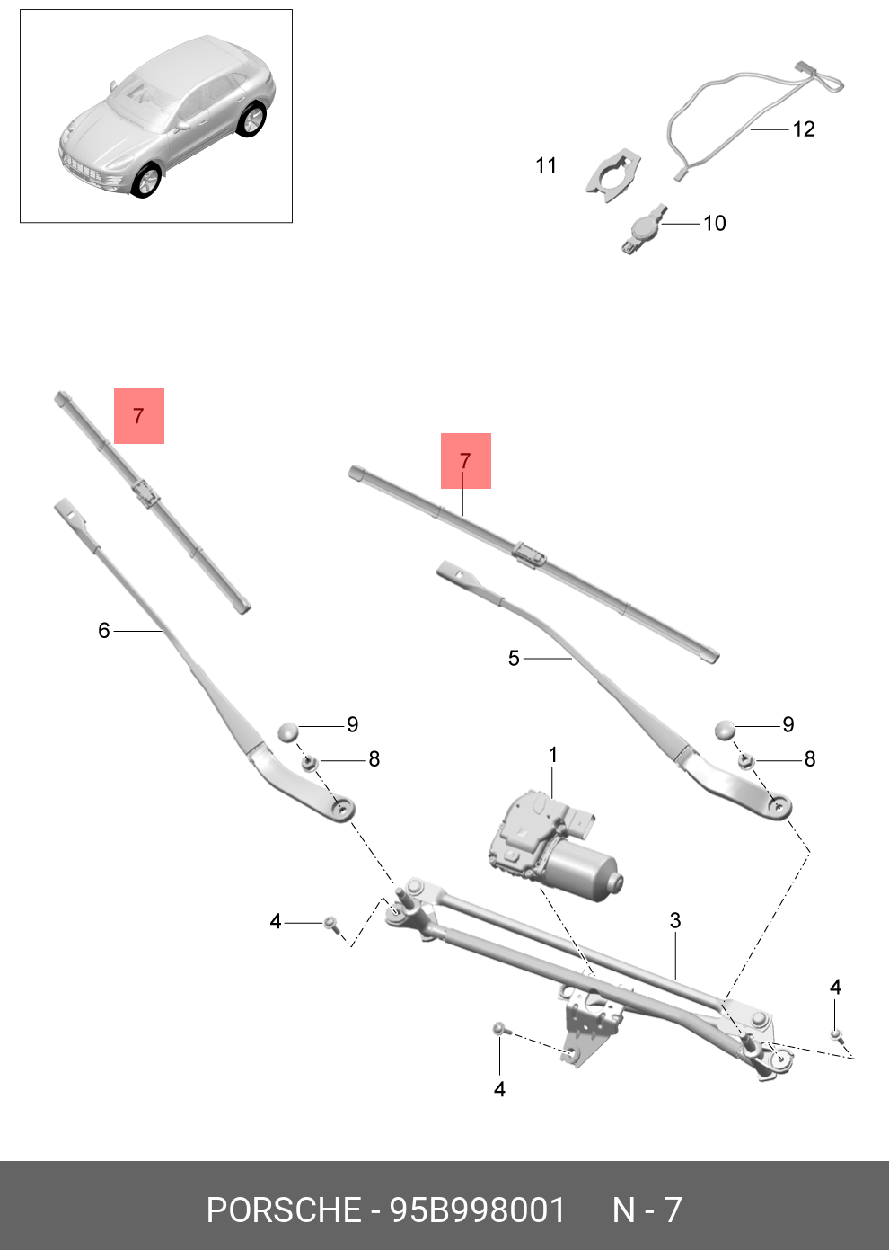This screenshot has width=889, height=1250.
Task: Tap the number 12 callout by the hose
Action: tap(804, 129)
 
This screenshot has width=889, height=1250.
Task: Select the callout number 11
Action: tap(546, 165)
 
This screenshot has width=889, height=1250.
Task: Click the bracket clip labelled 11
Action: tap(614, 175)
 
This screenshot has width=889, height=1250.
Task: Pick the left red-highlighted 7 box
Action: tap(139, 416)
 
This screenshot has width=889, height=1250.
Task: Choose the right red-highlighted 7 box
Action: tap(465, 461)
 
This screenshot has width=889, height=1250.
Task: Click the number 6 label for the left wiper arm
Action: tap(104, 631)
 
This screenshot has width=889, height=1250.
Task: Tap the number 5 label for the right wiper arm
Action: tap(514, 659)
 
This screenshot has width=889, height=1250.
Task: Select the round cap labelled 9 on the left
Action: tap(287, 731)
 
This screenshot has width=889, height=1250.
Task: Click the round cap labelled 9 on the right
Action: tap(726, 730)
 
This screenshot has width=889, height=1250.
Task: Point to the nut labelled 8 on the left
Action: tap(308, 763)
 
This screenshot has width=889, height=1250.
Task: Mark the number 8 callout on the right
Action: tap(809, 759)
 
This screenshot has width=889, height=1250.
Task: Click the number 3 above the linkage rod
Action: tap(675, 921)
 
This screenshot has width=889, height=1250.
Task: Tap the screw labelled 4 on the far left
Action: tap(330, 923)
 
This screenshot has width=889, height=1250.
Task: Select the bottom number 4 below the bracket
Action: tap(499, 1089)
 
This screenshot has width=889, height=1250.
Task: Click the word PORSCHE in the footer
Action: tap(283, 1210)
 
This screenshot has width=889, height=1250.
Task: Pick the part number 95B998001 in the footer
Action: tap(477, 1210)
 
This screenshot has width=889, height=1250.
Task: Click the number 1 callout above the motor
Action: tap(553, 755)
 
